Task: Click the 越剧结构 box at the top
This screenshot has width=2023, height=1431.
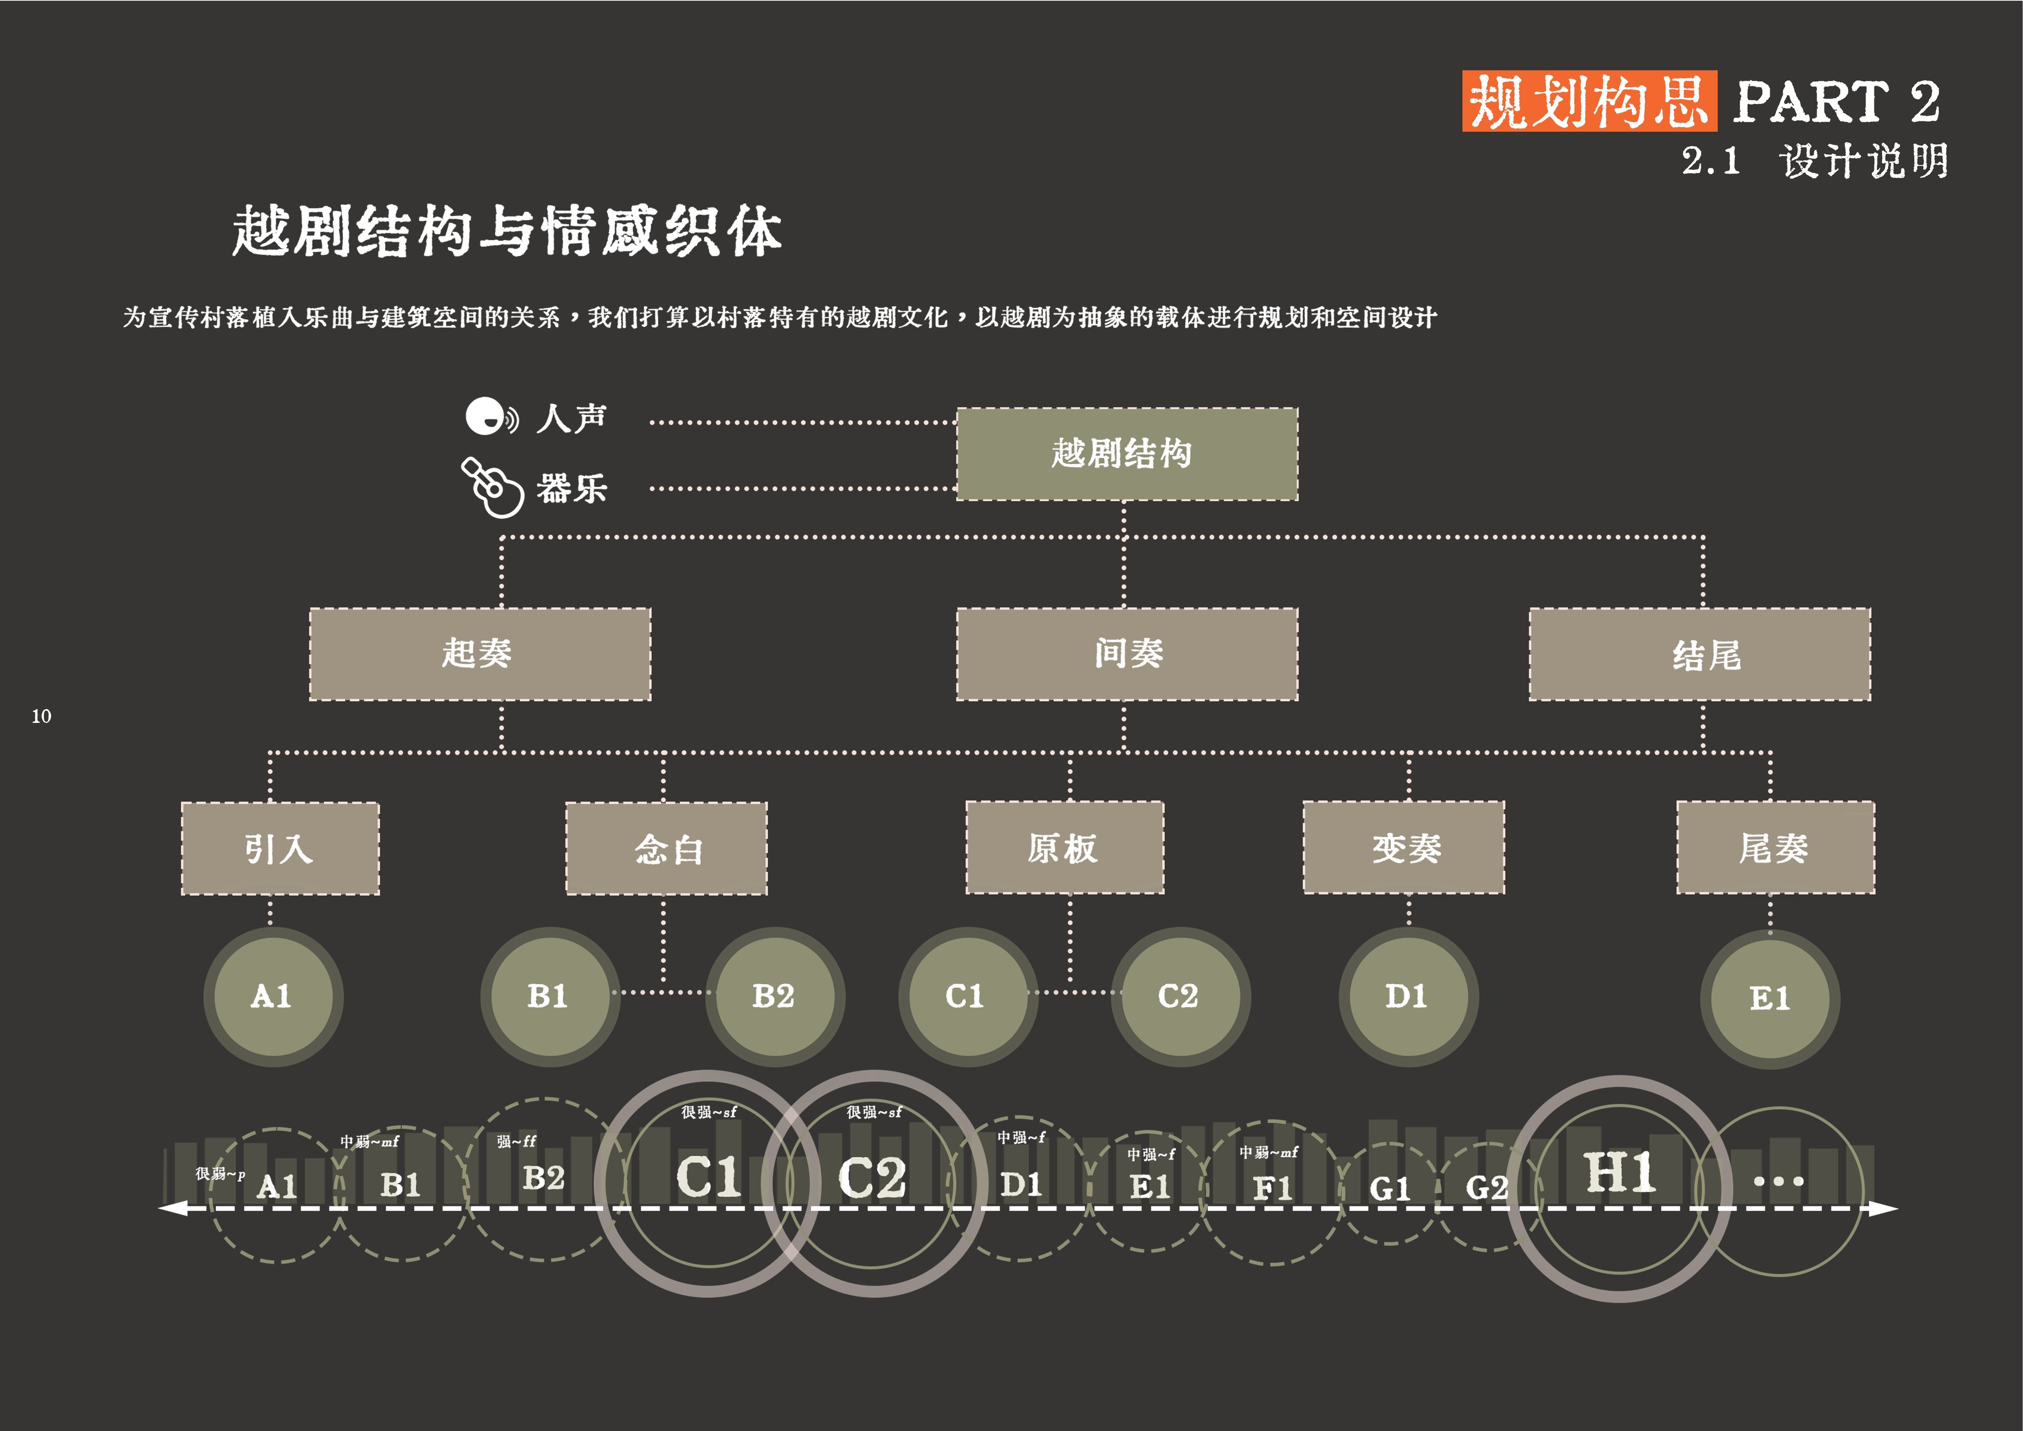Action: pos(1127,454)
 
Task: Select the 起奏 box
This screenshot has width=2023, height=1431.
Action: pos(479,654)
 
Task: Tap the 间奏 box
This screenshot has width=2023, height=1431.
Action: pos(1127,654)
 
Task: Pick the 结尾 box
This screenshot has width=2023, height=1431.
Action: pos(1700,654)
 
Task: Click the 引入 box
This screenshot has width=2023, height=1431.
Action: pos(280,849)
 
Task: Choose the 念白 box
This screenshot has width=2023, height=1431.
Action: pos(666,849)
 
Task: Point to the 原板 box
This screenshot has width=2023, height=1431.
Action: pos(1064,848)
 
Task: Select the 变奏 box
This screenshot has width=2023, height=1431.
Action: pos(1403,848)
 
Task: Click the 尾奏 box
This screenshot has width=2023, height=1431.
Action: pos(1775,848)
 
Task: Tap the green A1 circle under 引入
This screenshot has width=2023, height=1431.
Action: pos(273,997)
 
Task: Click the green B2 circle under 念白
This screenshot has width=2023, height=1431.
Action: pos(774,997)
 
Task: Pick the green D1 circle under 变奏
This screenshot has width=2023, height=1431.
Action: pos(1408,997)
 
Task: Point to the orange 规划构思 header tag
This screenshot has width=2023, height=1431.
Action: pos(1588,101)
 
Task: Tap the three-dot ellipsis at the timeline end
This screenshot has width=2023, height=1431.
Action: pos(1778,1181)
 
